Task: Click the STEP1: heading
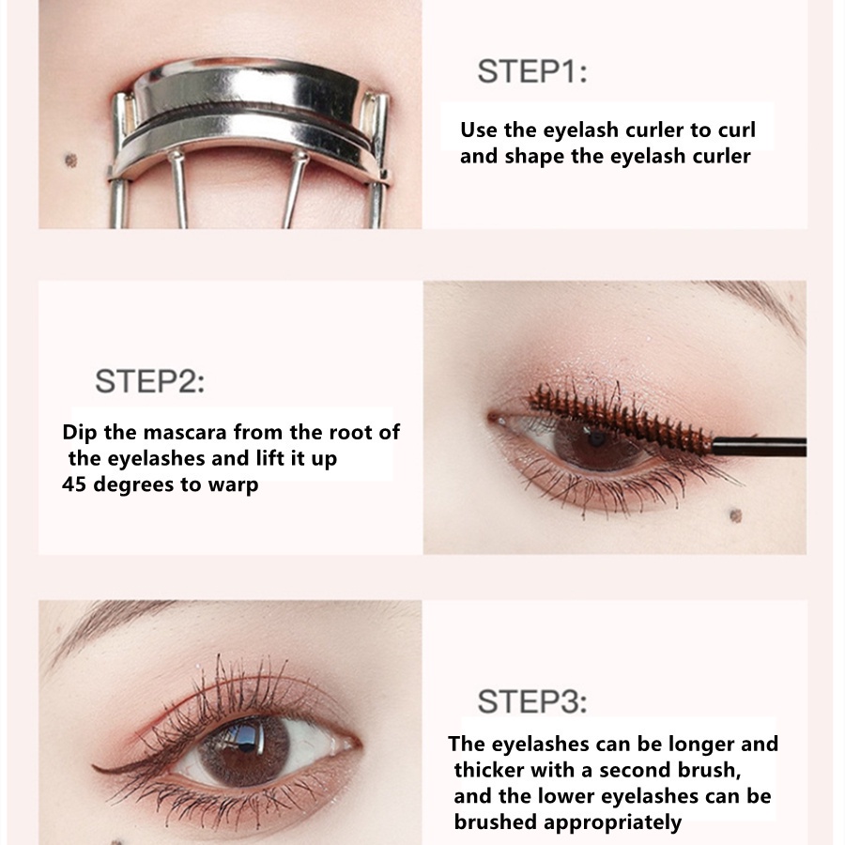point(531,72)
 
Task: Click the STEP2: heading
point(149,382)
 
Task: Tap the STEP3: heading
point(531,701)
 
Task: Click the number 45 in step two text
point(74,485)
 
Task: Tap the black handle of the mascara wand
point(760,447)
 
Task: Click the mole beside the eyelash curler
point(69,160)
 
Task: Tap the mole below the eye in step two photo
point(735,515)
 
